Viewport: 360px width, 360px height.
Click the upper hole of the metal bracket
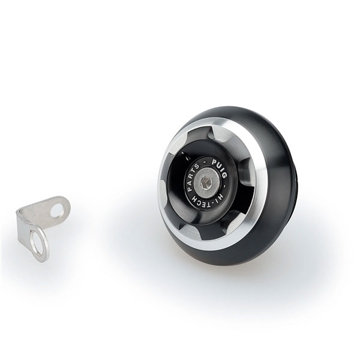click(x=56, y=211)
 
